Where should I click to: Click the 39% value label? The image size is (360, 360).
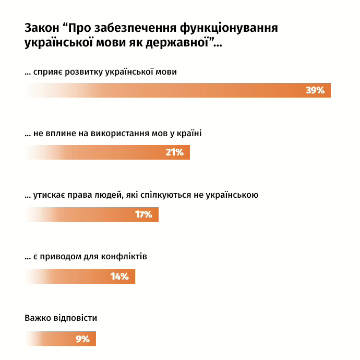(x=315, y=90)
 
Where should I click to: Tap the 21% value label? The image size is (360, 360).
(x=175, y=152)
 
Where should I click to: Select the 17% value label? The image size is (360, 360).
(x=143, y=214)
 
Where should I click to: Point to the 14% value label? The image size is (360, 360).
(x=119, y=277)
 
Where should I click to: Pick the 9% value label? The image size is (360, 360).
(x=82, y=339)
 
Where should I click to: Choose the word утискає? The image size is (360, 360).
(x=51, y=196)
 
